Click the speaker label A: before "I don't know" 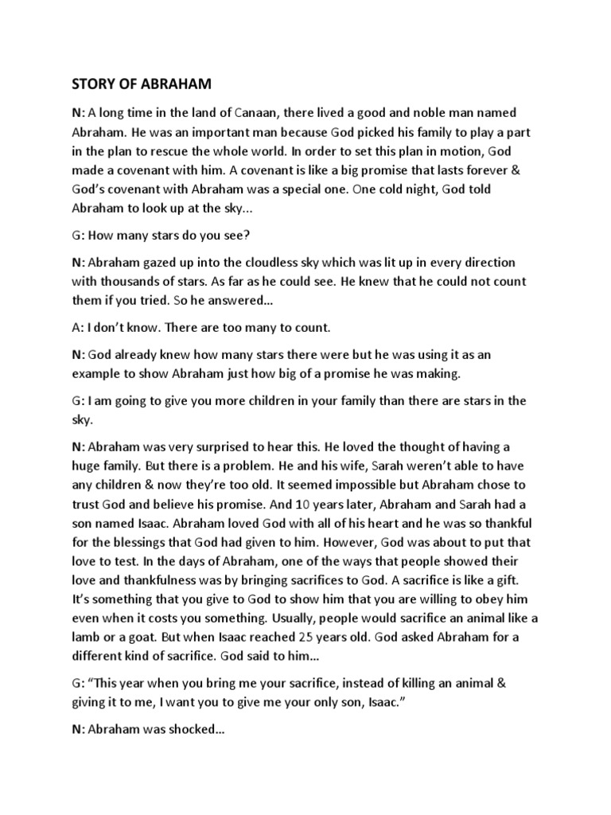(76, 327)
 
